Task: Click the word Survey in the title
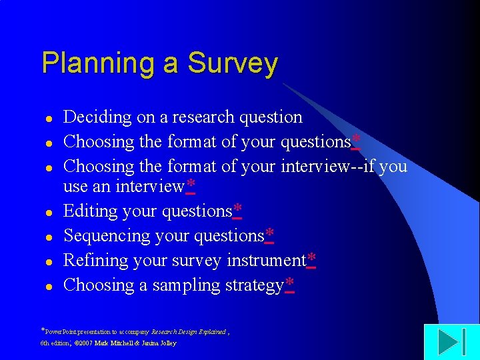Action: click(x=233, y=64)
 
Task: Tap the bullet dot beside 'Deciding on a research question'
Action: click(x=48, y=119)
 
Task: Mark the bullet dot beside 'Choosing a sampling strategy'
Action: click(x=48, y=287)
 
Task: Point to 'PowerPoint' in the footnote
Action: click(x=61, y=331)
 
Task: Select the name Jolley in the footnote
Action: click(x=167, y=343)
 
